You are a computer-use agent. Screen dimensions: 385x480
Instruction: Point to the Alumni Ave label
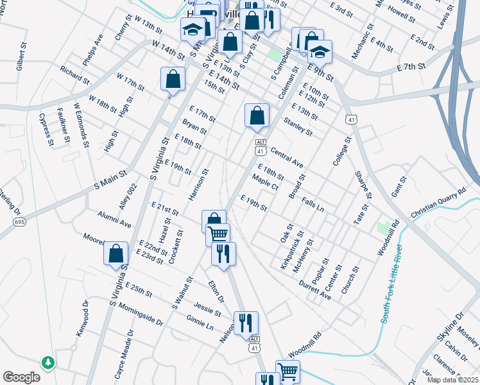pyautogui.click(x=114, y=221)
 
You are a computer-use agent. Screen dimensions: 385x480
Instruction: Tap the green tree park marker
pyautogui.click(x=47, y=363)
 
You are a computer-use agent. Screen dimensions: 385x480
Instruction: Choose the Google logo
pyautogui.click(x=21, y=377)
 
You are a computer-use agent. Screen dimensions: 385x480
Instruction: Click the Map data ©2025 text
pyautogui.click(x=452, y=380)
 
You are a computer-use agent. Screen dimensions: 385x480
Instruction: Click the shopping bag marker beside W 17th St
pyautogui.click(x=173, y=80)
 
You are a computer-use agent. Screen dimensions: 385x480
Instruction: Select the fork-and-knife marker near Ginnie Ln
pyautogui.click(x=246, y=323)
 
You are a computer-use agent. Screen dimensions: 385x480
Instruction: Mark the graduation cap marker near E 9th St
pyautogui.click(x=319, y=51)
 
